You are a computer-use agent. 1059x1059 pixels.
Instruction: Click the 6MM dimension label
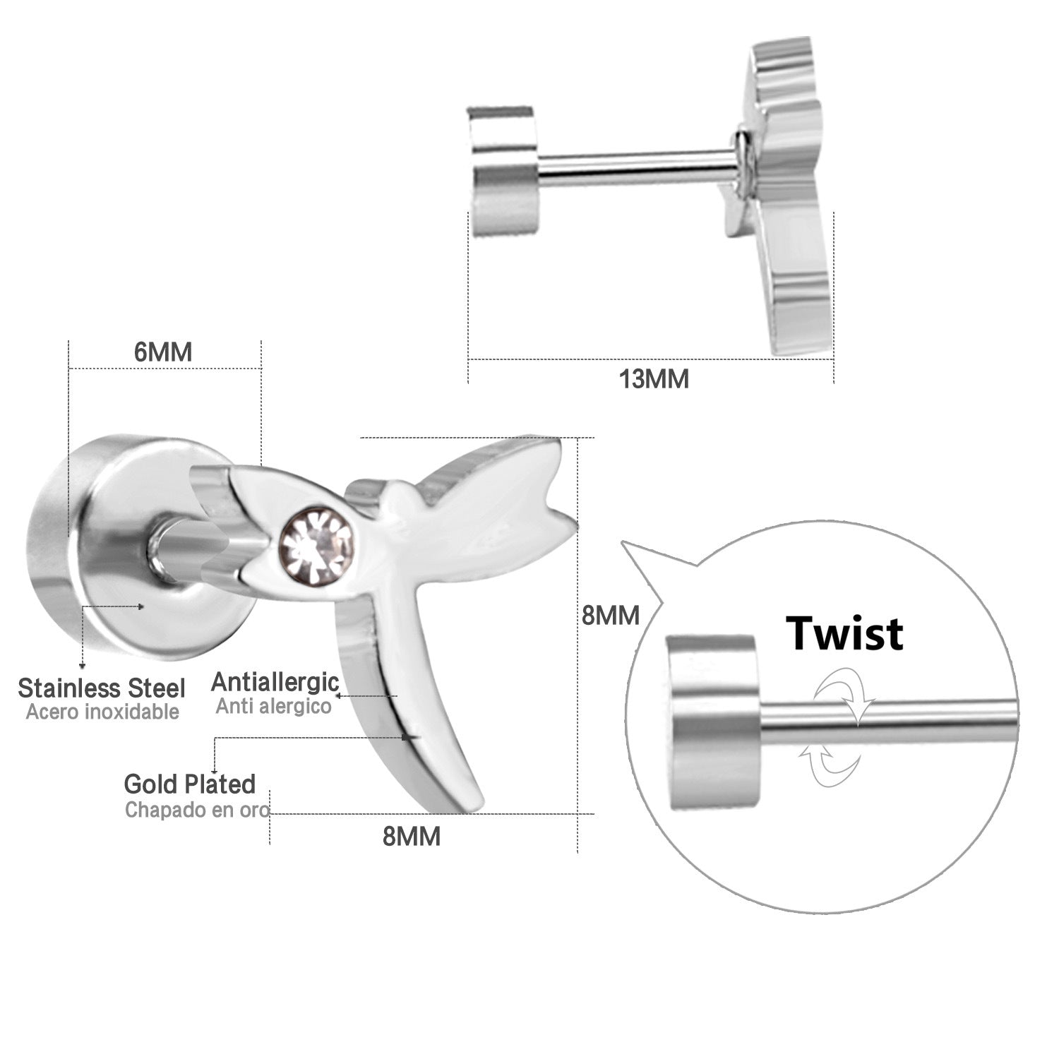163,352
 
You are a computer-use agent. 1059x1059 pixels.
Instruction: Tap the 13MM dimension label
654,379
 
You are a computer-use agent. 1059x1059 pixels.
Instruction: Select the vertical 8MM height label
611,616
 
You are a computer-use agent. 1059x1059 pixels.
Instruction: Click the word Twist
844,633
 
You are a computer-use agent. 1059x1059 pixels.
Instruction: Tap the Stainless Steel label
102,688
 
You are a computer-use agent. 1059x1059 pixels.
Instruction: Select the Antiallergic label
275,683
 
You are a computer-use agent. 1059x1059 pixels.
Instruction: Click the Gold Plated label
189,784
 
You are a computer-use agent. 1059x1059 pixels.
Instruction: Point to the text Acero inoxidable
102,712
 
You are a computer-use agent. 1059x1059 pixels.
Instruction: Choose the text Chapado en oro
197,809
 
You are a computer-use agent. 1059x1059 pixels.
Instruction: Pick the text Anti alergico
273,706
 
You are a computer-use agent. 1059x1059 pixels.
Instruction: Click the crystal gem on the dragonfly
316,545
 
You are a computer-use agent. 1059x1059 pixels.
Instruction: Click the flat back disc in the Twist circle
712,723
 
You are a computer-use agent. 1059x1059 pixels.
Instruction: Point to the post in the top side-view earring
635,162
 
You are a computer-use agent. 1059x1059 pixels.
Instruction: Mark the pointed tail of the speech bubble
623,542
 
